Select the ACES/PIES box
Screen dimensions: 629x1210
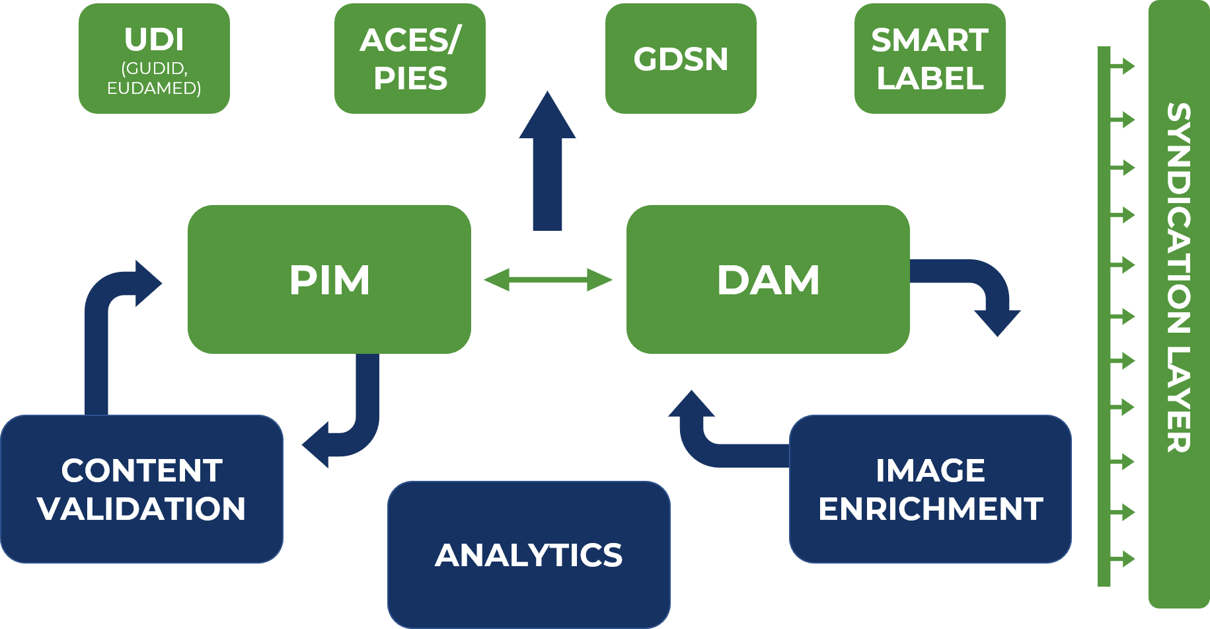coord(410,59)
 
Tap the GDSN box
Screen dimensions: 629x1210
coord(681,59)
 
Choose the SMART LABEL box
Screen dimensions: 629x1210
coord(930,59)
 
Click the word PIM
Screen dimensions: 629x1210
coord(329,280)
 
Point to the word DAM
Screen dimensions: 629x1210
coord(768,280)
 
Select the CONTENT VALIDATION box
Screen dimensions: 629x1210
coord(141,489)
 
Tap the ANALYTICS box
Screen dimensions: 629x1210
coord(529,554)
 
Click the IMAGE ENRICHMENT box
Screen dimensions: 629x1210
coord(930,489)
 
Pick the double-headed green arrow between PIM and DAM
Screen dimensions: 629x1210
coord(548,280)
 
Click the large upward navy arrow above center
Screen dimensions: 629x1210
coord(547,165)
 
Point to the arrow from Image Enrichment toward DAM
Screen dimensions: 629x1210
coord(707,443)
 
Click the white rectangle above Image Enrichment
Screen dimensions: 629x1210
coord(888,389)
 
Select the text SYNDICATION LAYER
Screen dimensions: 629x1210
coord(1178,278)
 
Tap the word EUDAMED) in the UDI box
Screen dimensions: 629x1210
coord(154,88)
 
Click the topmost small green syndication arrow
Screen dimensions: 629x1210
coord(1123,65)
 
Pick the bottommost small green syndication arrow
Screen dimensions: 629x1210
coord(1123,559)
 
